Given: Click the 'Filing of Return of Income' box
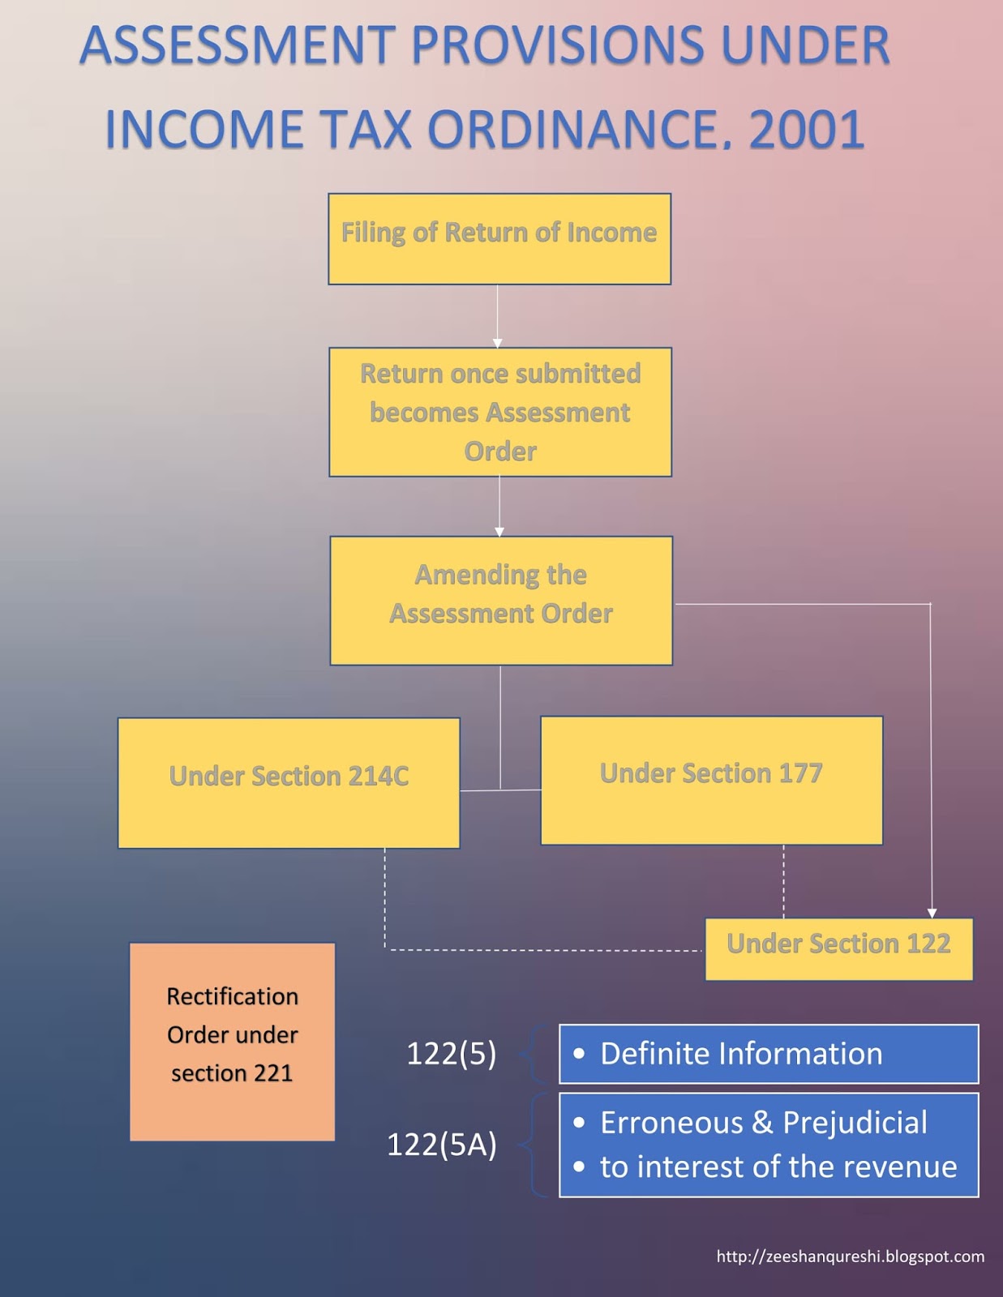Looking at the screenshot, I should (499, 238).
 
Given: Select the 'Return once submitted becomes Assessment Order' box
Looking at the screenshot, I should (499, 412).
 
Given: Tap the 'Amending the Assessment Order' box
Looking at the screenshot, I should (500, 600).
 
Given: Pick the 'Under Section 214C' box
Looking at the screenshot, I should (289, 782).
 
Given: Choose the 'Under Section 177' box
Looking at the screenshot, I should (711, 780).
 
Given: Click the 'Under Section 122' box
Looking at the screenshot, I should (838, 948).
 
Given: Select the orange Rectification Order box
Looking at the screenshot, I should (232, 1041).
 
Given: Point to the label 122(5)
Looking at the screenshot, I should (451, 1054).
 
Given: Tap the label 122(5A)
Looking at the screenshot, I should (441, 1145).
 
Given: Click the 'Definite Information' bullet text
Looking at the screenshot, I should (740, 1054).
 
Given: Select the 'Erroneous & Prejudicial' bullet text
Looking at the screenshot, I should (763, 1123).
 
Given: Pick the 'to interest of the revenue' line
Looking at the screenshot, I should (778, 1166).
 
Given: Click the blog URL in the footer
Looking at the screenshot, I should (850, 1256).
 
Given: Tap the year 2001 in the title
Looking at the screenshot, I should (807, 130).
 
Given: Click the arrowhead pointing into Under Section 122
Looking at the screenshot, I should (932, 913).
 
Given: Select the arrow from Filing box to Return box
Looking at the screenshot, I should (497, 316).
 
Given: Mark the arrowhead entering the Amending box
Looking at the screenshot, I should (499, 532).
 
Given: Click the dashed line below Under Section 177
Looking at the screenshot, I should (783, 881).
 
